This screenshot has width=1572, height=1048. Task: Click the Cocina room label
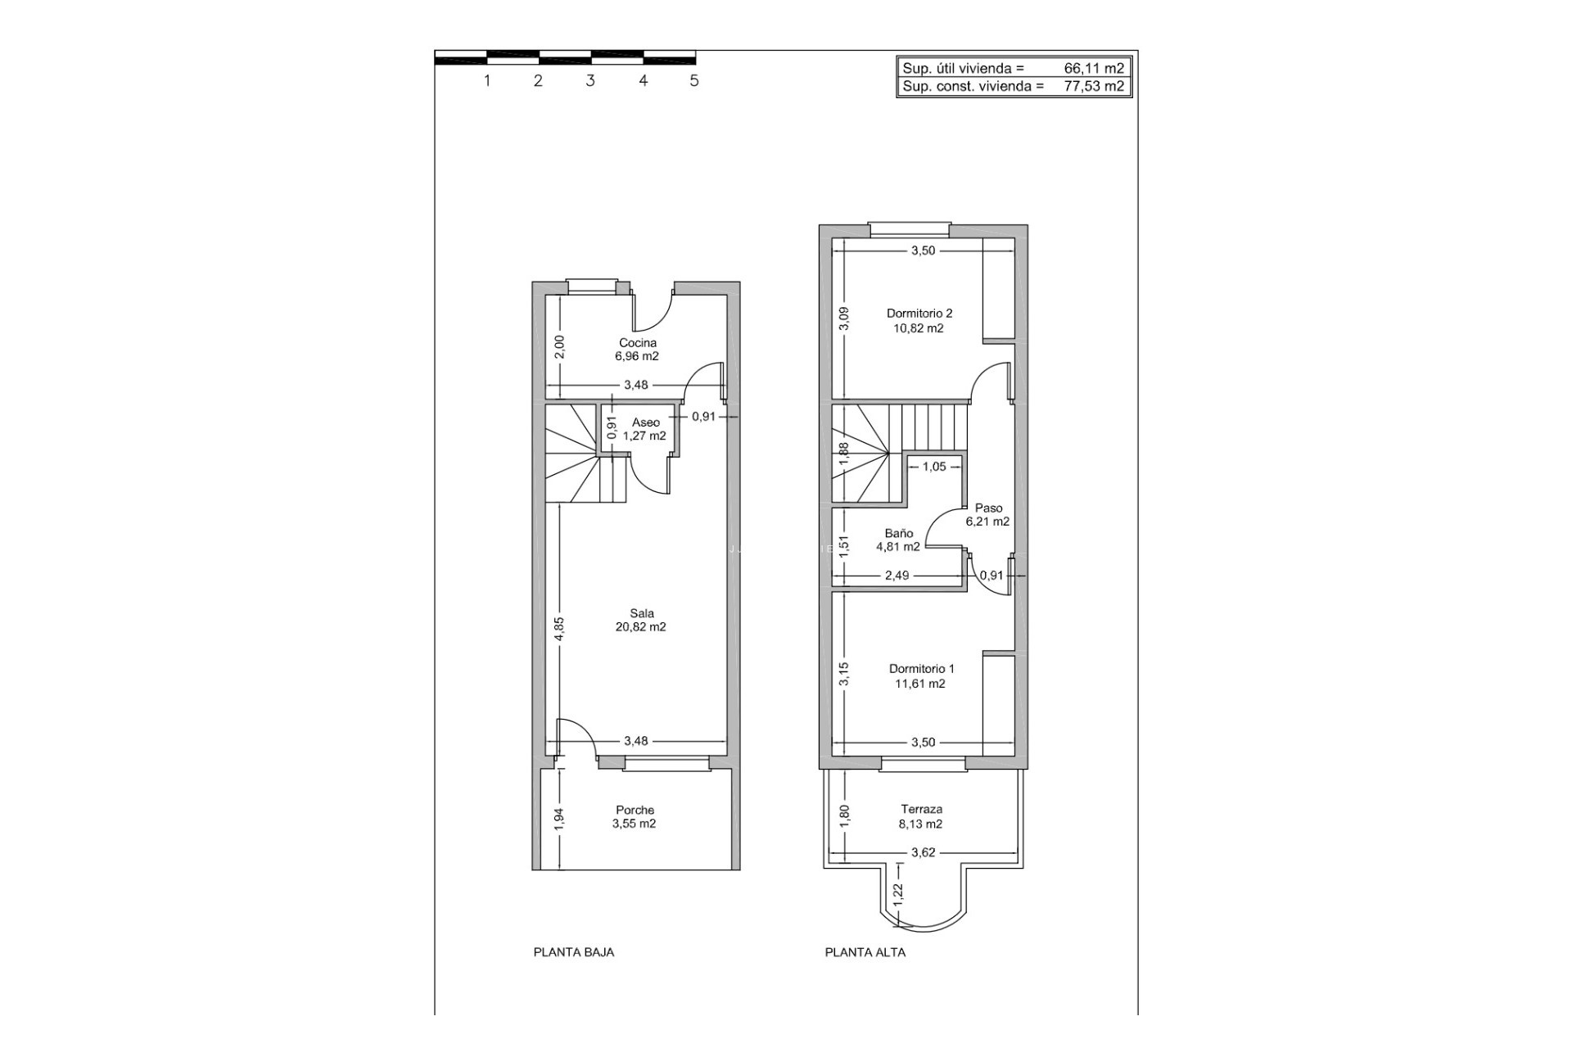(637, 343)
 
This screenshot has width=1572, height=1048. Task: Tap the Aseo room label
(645, 422)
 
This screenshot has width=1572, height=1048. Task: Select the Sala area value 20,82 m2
(640, 627)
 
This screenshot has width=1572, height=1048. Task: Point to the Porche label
(635, 810)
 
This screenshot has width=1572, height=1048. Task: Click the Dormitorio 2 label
(919, 313)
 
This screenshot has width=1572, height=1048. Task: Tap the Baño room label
(898, 533)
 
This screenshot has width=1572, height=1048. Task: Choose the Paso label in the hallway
(988, 508)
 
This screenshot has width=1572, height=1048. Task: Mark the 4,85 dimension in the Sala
(559, 629)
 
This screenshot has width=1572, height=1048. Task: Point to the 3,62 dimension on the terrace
(923, 852)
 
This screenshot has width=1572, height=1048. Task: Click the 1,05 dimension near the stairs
(933, 467)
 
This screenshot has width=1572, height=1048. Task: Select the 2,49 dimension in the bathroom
(897, 576)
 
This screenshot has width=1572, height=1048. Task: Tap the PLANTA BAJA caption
(573, 952)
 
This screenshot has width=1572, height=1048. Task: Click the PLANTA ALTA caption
(865, 952)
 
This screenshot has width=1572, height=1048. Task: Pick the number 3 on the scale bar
(589, 81)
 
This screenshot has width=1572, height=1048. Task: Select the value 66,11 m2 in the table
(1094, 69)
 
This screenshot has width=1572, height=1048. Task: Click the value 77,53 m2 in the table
(1094, 86)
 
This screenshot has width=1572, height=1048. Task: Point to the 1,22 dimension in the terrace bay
(898, 894)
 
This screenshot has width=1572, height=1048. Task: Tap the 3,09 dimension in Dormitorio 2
(844, 318)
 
